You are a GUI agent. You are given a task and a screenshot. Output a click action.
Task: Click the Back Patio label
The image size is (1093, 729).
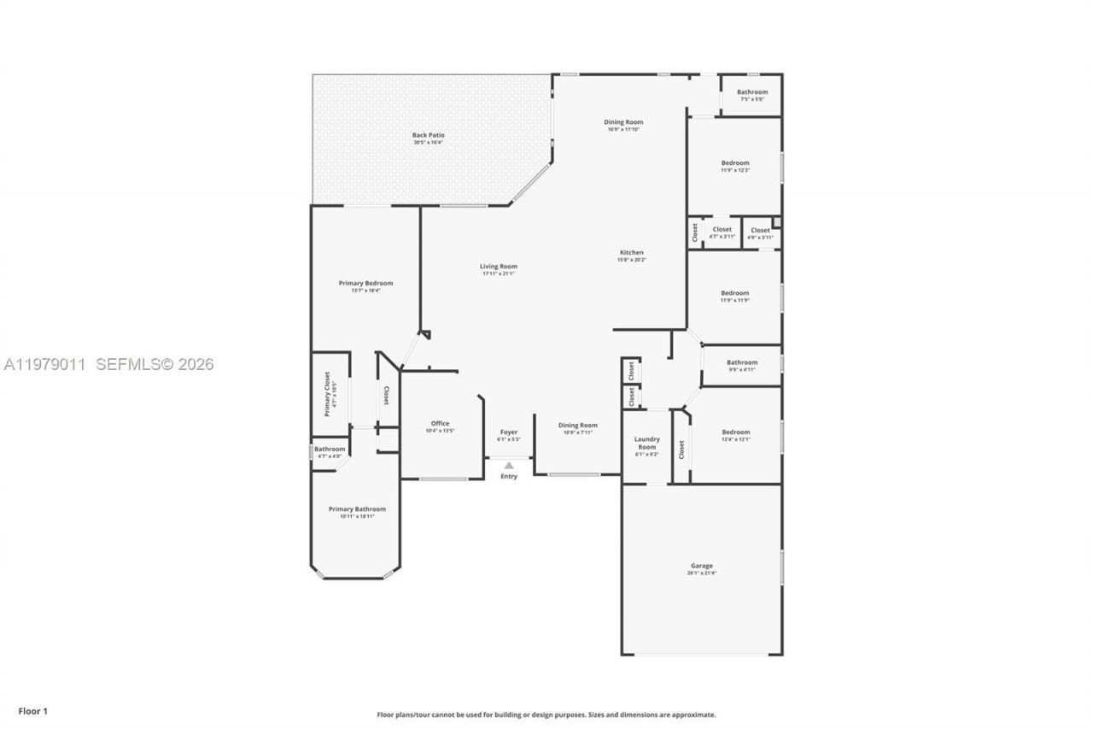click(428, 135)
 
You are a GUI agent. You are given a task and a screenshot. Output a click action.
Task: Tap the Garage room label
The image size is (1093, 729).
click(701, 566)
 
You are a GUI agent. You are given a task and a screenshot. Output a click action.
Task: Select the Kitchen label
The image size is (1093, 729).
click(631, 253)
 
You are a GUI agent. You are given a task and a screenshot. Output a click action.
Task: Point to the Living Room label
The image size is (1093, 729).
click(498, 267)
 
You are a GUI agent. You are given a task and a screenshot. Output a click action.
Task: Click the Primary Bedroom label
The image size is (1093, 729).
click(365, 284)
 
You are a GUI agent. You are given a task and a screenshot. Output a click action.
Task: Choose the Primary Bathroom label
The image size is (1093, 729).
click(357, 509)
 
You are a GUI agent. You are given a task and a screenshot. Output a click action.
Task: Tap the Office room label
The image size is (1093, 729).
click(440, 424)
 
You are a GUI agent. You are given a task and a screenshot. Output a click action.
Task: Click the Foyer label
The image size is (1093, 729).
click(508, 432)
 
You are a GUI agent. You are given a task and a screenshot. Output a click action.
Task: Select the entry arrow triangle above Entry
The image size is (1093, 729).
click(509, 466)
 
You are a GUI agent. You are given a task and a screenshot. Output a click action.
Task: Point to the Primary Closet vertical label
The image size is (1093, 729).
click(327, 393)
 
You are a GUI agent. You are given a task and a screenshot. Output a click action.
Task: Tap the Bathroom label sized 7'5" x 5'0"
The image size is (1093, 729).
click(752, 92)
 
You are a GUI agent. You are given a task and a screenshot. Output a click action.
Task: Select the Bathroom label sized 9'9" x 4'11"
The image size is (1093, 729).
click(742, 362)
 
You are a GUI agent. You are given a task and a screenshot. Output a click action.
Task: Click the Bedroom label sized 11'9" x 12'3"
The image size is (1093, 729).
click(734, 163)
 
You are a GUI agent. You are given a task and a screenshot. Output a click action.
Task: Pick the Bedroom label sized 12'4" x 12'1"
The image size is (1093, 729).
click(735, 432)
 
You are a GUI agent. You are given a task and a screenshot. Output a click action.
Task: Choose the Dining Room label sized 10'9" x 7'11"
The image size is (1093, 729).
click(578, 426)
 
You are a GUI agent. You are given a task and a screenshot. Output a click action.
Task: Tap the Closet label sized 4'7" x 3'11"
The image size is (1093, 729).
click(722, 230)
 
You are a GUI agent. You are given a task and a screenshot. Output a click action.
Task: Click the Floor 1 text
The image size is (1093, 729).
click(33, 711)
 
